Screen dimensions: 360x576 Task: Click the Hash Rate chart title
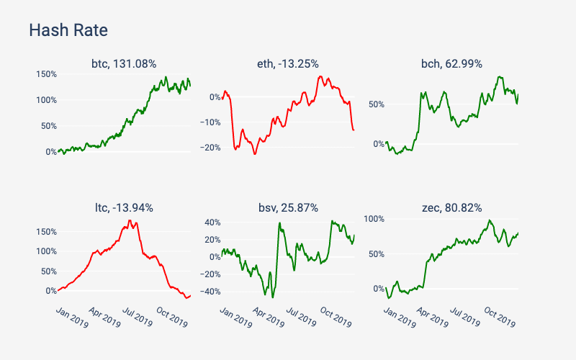[68, 30]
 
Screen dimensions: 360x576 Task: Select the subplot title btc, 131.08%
[124, 64]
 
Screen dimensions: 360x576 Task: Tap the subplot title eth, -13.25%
[288, 64]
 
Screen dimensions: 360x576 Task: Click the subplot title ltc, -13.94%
[124, 208]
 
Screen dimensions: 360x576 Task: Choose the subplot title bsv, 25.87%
[288, 208]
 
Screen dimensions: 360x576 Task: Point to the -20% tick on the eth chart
[209, 148]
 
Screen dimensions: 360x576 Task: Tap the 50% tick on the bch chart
[376, 104]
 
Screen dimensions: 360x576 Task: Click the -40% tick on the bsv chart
[209, 292]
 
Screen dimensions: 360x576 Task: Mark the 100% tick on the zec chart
[374, 218]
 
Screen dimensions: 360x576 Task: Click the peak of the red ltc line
[130, 220]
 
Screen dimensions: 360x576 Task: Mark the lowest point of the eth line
[254, 154]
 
